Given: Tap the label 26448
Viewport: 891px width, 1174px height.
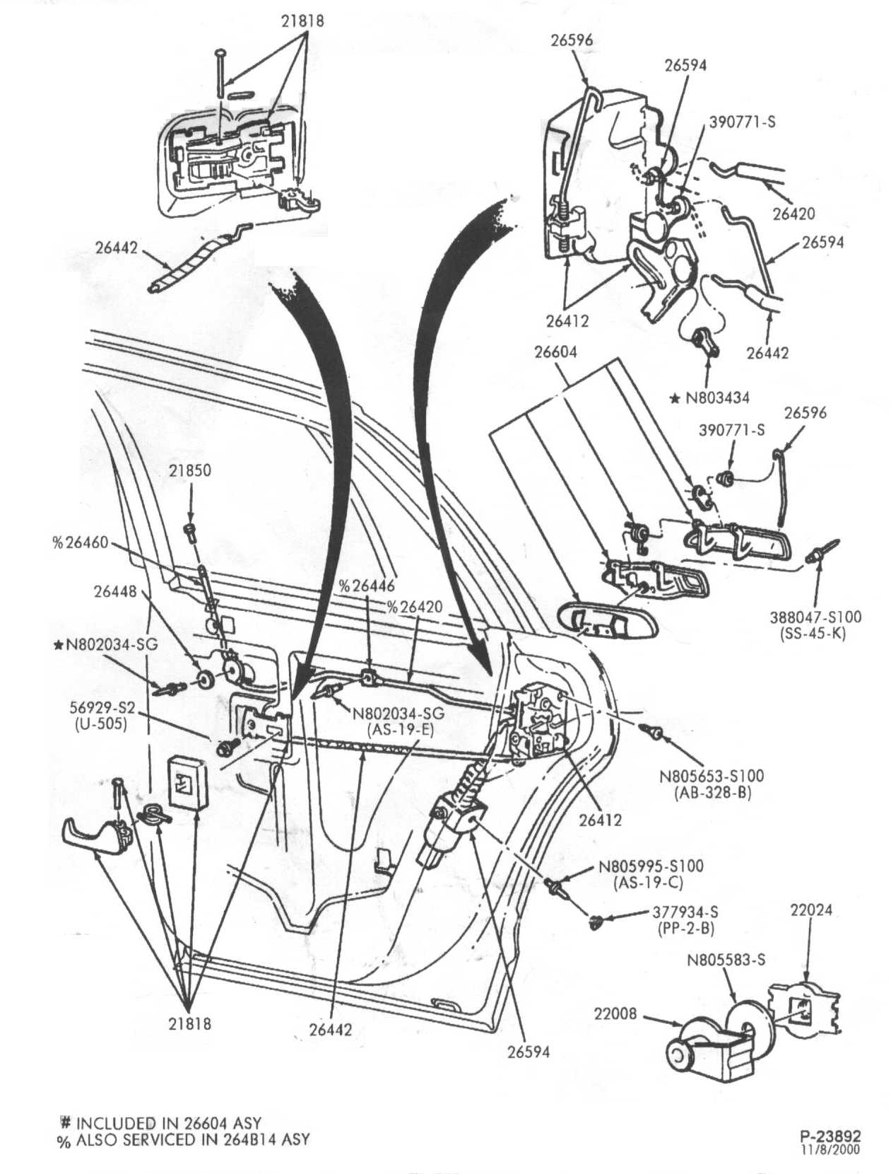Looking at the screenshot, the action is [x=115, y=591].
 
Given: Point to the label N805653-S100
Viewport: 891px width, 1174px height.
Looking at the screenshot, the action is [x=712, y=776].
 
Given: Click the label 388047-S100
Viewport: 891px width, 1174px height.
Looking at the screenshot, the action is [x=815, y=617].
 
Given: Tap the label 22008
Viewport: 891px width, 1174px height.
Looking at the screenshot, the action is [x=615, y=1013].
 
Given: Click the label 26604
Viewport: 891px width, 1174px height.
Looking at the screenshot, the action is [x=556, y=352].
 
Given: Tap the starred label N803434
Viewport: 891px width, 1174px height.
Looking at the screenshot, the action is [x=710, y=398].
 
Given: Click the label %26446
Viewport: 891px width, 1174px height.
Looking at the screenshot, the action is [x=367, y=586].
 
